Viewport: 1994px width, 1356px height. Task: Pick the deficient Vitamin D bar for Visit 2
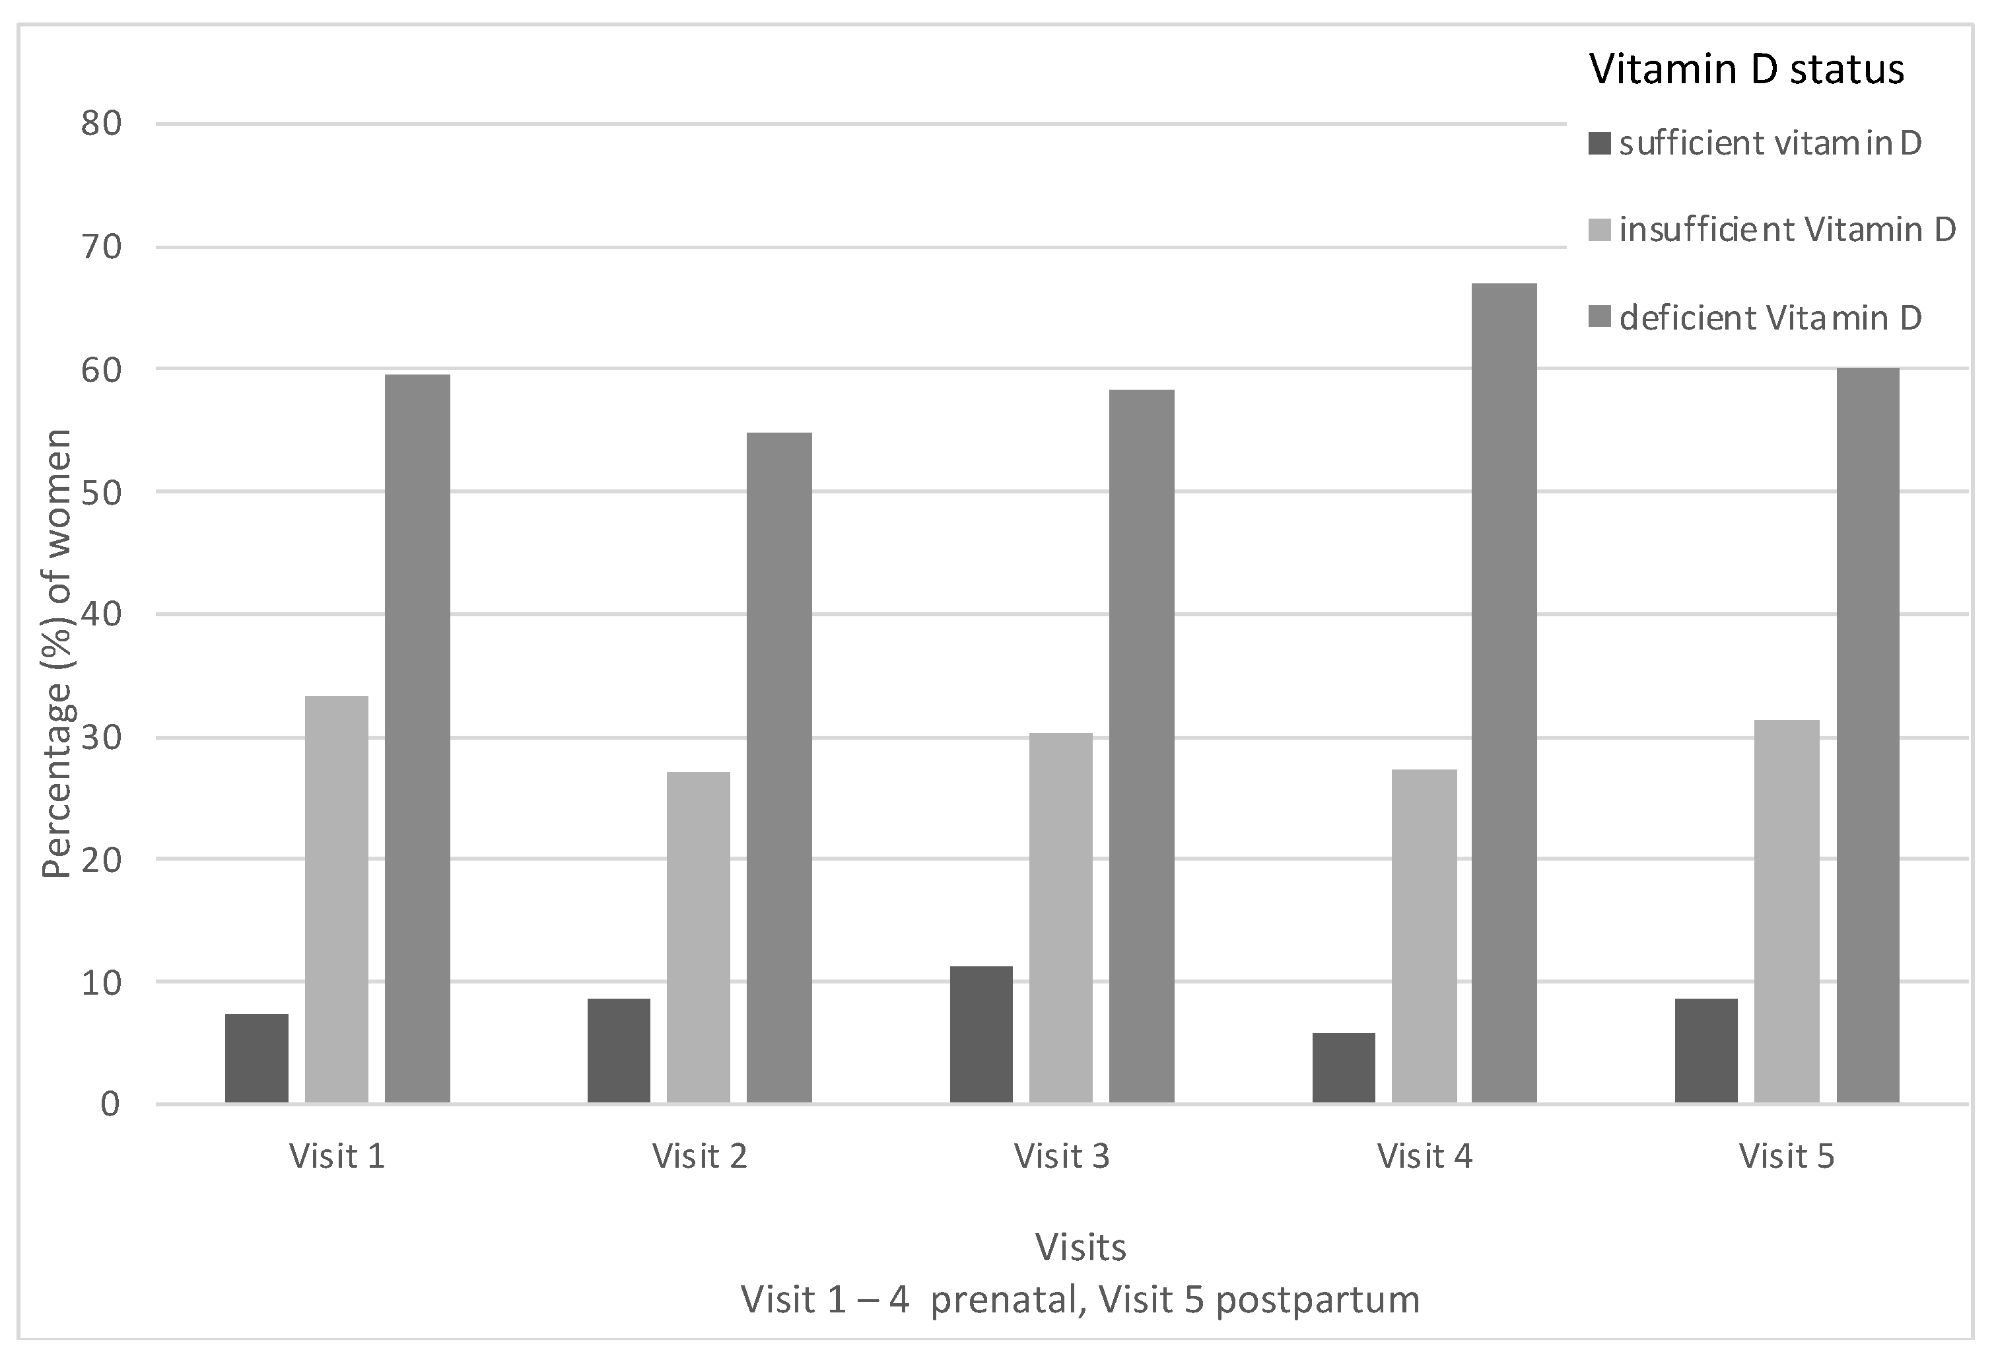pyautogui.click(x=778, y=767)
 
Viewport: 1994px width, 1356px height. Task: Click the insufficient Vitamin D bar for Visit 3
pyautogui.click(x=1060, y=917)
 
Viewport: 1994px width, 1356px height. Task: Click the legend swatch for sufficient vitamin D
pyautogui.click(x=1599, y=143)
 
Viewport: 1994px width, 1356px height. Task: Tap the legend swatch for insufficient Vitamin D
pyautogui.click(x=1599, y=230)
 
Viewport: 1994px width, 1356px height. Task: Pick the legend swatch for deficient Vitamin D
pyautogui.click(x=1599, y=318)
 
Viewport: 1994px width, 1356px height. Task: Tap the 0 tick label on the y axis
pyautogui.click(x=110, y=1104)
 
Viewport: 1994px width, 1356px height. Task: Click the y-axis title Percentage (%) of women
pyautogui.click(x=57, y=654)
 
